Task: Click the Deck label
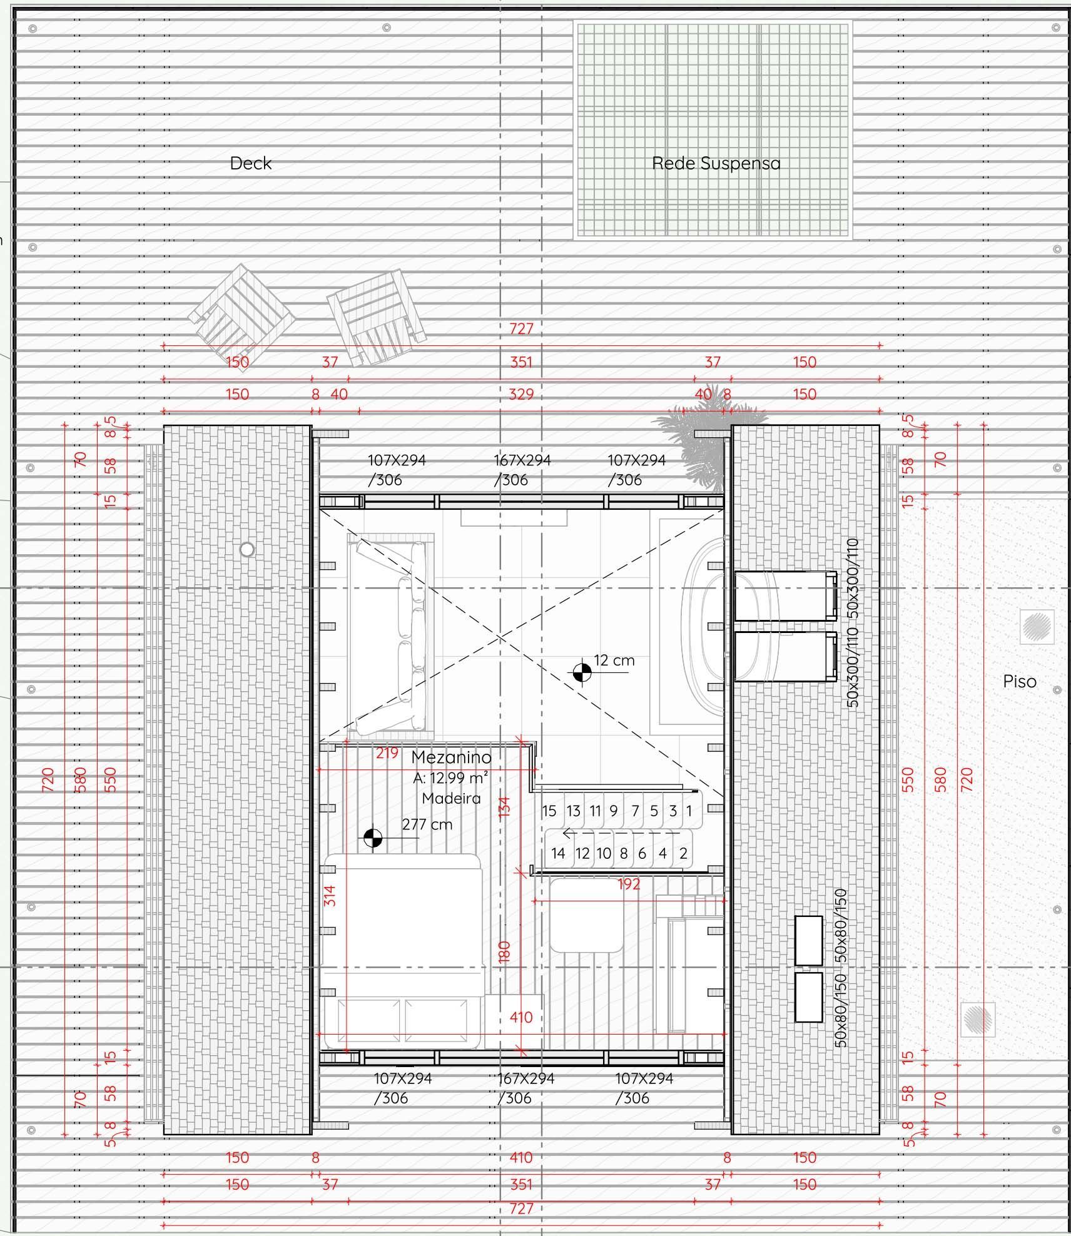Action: coord(251,163)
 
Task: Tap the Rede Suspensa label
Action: coord(716,163)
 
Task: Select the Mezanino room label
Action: coord(451,757)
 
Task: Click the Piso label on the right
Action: coord(1020,681)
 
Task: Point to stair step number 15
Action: coord(549,811)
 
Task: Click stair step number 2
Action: coord(683,853)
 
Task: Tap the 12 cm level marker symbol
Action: coord(582,672)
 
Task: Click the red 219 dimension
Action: coord(387,753)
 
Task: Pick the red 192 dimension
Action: coord(629,884)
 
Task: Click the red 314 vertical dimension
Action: coord(330,896)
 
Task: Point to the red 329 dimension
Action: coord(521,394)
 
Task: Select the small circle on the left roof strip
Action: coord(247,550)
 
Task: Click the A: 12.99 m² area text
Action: coord(450,778)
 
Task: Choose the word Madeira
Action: coord(451,798)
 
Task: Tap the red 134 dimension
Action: coord(505,806)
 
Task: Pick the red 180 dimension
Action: coord(505,951)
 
